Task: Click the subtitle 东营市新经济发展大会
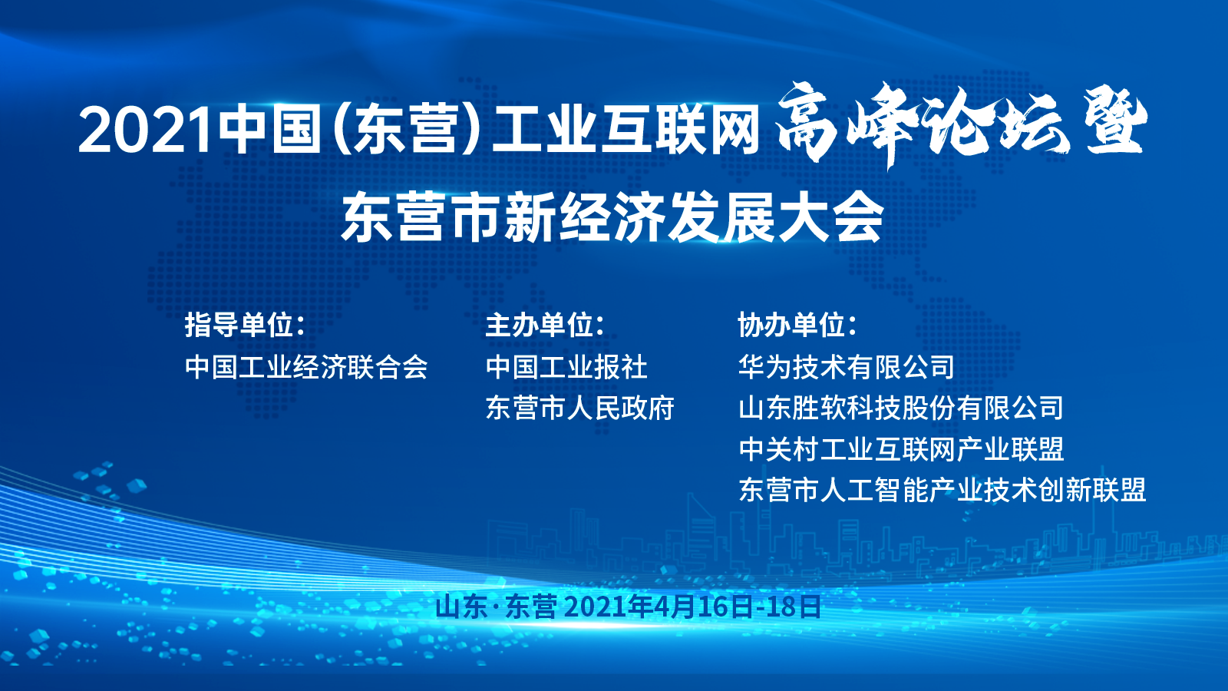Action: (x=612, y=217)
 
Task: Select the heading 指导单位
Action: (x=245, y=326)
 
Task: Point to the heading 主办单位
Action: (x=545, y=326)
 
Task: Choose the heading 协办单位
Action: (x=797, y=326)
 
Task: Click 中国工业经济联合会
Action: (x=306, y=367)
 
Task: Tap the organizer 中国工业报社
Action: (x=567, y=367)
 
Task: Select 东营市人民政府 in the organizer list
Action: (x=580, y=408)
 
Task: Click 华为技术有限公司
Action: (x=847, y=367)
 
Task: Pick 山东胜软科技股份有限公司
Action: (x=901, y=408)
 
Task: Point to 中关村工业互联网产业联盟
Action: (x=901, y=449)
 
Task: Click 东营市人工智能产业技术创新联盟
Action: (x=942, y=490)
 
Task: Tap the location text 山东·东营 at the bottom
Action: (x=496, y=607)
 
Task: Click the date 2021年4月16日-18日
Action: (x=692, y=607)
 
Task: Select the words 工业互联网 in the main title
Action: (x=626, y=131)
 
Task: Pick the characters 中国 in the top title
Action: (x=269, y=131)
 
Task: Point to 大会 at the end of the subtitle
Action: (x=830, y=217)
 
